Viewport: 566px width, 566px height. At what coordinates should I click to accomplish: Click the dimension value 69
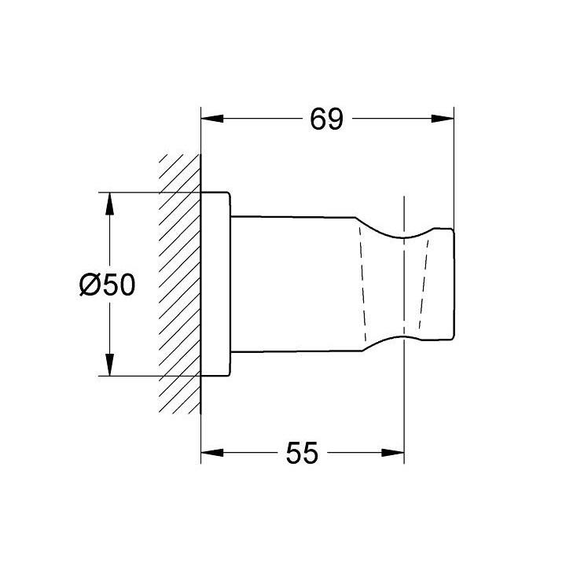pyautogui.click(x=326, y=119)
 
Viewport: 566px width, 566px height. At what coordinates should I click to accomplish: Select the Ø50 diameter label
pyautogui.click(x=108, y=285)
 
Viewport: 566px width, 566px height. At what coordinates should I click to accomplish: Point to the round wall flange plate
pyautogui.click(x=216, y=283)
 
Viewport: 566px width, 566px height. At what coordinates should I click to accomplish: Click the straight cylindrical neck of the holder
pyautogui.click(x=295, y=283)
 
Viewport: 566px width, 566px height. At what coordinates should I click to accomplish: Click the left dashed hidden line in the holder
pyautogui.click(x=364, y=283)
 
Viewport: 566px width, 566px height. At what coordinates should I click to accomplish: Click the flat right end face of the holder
pyautogui.click(x=454, y=283)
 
